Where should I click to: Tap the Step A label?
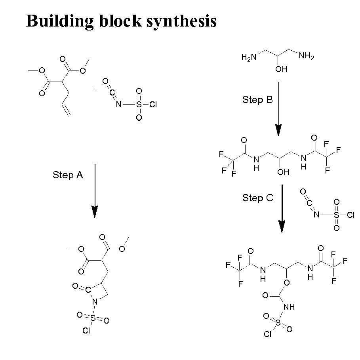(x=68, y=175)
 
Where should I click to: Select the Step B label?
(x=257, y=100)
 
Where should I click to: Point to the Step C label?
(x=258, y=198)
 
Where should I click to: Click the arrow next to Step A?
(x=94, y=190)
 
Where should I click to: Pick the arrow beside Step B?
(x=279, y=109)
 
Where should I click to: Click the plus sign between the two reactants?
(x=94, y=90)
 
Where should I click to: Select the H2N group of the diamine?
(x=249, y=57)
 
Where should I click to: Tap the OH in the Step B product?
(x=283, y=172)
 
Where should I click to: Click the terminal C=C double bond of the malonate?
(x=67, y=110)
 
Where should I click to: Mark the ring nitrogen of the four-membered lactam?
(x=94, y=302)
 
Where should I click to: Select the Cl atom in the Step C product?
(x=268, y=335)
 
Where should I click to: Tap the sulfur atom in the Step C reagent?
(x=336, y=215)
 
